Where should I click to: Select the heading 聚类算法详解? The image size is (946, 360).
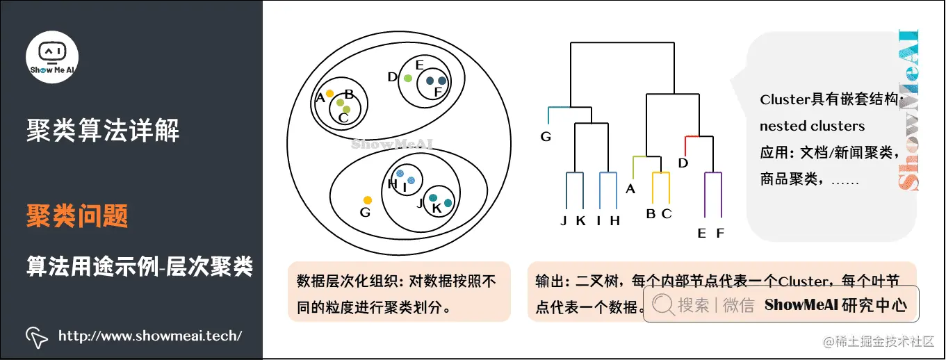click(x=103, y=130)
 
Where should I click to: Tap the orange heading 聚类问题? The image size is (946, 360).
click(x=77, y=216)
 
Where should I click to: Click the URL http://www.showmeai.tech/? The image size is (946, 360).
click(x=150, y=336)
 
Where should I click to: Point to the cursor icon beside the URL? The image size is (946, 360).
click(x=37, y=336)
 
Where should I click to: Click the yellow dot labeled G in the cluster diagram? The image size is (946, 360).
click(x=368, y=200)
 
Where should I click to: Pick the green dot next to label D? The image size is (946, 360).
click(x=408, y=78)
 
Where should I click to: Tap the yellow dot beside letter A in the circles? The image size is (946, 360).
click(x=329, y=93)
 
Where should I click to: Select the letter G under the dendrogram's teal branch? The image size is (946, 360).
click(x=546, y=137)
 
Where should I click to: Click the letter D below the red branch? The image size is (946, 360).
click(x=683, y=163)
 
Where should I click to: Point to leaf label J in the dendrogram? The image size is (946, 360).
click(x=564, y=221)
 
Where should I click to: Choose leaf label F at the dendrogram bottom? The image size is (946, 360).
click(x=719, y=234)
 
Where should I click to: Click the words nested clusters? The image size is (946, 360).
click(x=812, y=126)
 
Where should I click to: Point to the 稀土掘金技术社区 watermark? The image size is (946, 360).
click(x=879, y=342)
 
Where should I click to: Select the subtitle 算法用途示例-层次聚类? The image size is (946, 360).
click(x=140, y=266)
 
